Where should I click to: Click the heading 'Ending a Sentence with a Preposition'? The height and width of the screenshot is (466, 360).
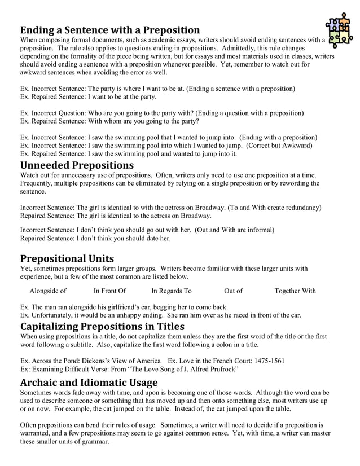tap(110, 30)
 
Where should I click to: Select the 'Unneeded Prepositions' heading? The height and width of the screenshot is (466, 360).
tap(77, 165)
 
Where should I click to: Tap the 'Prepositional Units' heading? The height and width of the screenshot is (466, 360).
tap(67, 259)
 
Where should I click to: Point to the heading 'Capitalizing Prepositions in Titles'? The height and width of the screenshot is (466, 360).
tap(102, 327)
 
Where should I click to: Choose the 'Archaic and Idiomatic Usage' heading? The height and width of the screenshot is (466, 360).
tap(89, 383)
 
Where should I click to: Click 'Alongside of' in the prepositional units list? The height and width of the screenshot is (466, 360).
tap(48, 291)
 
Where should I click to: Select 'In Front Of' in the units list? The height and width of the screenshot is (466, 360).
tap(109, 291)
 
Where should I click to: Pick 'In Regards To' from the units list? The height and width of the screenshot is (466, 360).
tap(171, 291)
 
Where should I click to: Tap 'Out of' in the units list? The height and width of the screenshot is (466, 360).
tap(233, 291)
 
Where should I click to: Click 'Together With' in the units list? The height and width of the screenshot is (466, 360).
tap(295, 291)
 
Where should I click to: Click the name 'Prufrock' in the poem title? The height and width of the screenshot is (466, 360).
tap(221, 369)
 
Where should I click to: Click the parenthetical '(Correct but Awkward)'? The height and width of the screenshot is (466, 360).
tap(284, 146)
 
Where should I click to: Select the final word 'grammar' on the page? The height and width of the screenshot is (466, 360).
tap(96, 442)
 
